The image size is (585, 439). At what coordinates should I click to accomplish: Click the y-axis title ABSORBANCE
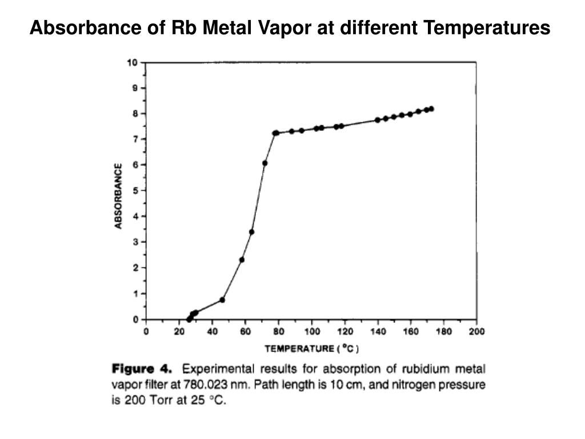tap(119, 196)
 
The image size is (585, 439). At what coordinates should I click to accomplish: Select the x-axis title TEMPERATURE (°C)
tap(312, 348)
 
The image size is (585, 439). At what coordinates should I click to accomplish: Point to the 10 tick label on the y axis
tap(132, 62)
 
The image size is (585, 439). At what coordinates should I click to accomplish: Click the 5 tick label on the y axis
tap(135, 190)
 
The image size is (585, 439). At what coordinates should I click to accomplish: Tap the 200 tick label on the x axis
tap(476, 331)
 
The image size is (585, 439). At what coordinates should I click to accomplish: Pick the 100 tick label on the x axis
tap(311, 331)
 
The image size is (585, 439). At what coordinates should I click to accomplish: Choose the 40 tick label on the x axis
tap(213, 331)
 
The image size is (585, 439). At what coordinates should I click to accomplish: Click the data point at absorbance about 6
tap(265, 163)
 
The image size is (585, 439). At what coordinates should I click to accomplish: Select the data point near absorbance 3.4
tap(251, 232)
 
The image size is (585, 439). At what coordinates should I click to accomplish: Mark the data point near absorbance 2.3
tap(242, 260)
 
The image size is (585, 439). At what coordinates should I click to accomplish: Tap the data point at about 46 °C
tap(222, 300)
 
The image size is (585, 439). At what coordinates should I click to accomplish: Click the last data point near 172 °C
tap(431, 109)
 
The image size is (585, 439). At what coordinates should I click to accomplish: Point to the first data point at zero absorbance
tap(189, 319)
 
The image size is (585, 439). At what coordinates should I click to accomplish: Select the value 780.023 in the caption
tap(205, 385)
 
